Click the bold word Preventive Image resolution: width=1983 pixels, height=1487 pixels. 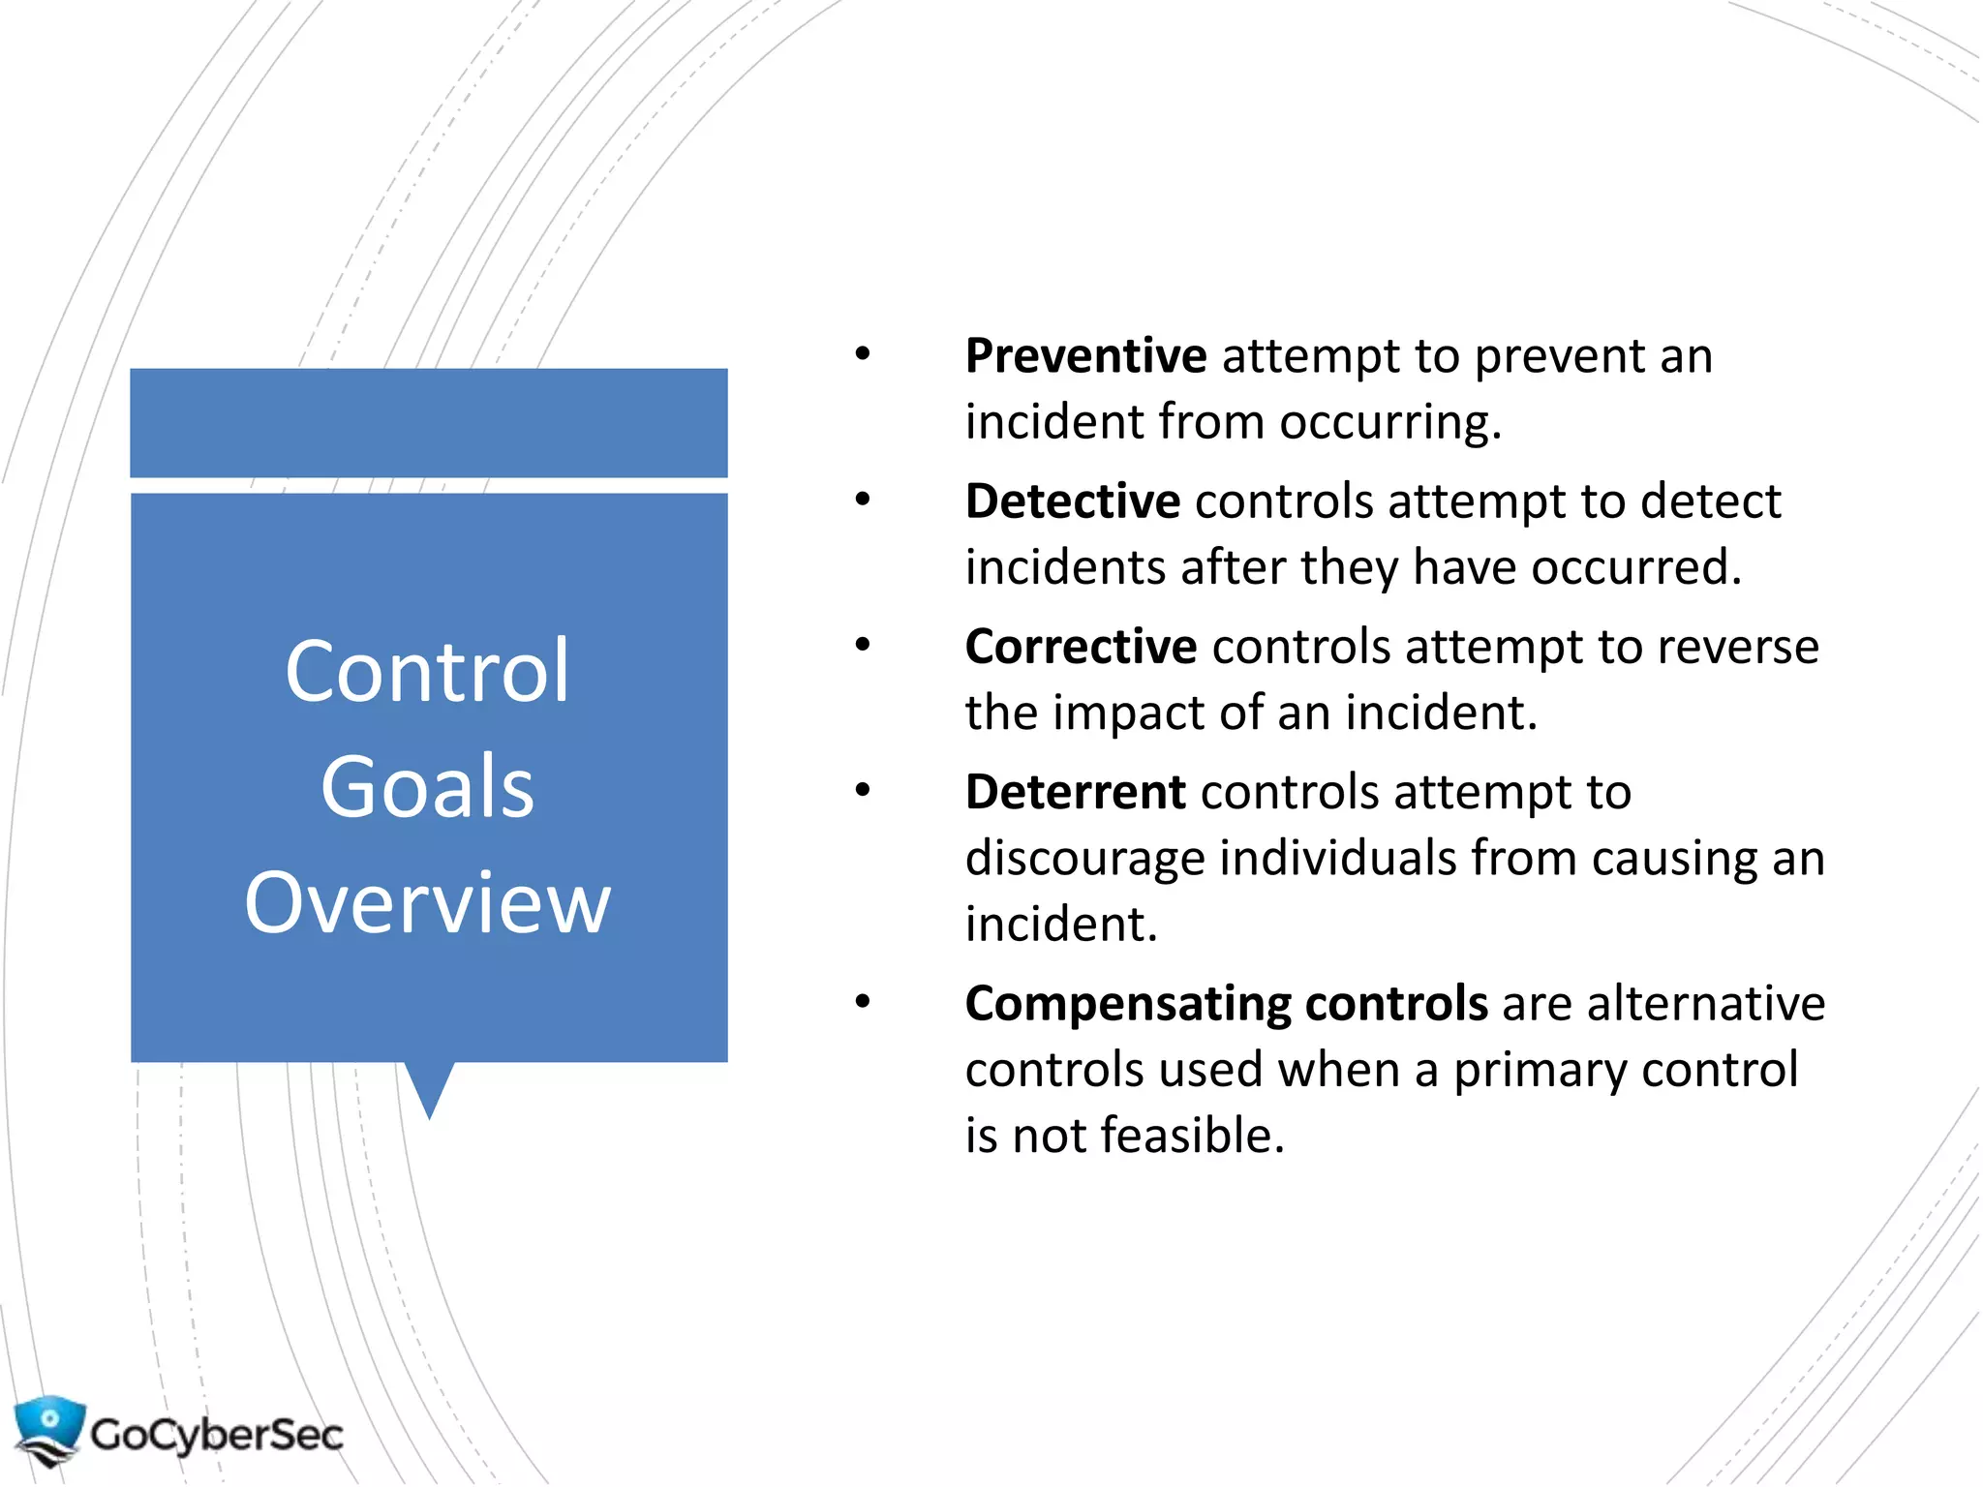click(1085, 356)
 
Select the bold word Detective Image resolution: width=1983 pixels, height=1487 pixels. click(1072, 501)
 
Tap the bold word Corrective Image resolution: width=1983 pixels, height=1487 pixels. click(1081, 647)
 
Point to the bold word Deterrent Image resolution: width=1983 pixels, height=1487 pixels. click(1075, 792)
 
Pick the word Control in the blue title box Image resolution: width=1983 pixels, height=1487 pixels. click(427, 671)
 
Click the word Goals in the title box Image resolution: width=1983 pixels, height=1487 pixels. click(427, 787)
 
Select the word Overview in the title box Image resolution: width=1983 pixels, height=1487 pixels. click(427, 902)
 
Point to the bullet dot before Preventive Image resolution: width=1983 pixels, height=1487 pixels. click(862, 354)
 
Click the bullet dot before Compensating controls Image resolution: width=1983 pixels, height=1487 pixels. click(862, 1002)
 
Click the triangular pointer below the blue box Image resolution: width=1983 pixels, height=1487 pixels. click(429, 1086)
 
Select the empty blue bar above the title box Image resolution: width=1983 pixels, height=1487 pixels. click(429, 422)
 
